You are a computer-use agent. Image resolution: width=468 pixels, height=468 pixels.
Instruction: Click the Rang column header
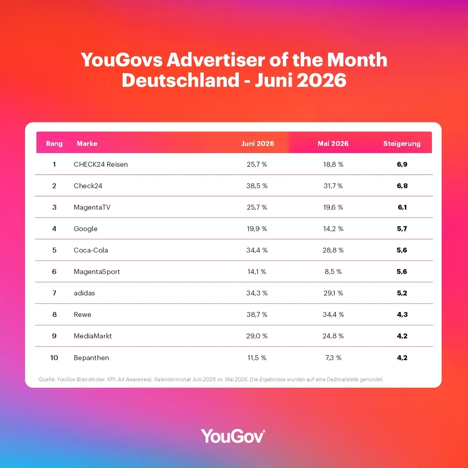click(x=54, y=144)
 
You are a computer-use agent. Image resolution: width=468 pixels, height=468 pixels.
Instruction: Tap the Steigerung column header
click(x=402, y=144)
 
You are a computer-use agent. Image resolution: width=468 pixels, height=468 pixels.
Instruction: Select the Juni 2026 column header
click(x=258, y=144)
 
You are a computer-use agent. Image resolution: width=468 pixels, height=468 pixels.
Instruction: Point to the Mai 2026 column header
click(x=333, y=144)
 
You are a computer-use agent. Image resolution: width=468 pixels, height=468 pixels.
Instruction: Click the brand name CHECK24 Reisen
click(x=101, y=165)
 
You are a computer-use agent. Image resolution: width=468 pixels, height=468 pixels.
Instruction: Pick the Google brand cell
click(x=85, y=229)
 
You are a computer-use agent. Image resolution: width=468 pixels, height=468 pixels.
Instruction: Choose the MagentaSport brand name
click(x=97, y=271)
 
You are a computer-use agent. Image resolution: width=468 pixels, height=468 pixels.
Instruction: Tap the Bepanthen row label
click(x=91, y=358)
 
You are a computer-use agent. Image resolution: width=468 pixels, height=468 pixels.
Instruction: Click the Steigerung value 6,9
click(x=402, y=165)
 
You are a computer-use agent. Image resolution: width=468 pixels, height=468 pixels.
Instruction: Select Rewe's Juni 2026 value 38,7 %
click(x=257, y=314)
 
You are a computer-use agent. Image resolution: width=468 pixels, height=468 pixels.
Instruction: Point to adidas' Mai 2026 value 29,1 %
click(x=333, y=293)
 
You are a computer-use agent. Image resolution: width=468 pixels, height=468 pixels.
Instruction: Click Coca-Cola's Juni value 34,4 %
click(x=257, y=250)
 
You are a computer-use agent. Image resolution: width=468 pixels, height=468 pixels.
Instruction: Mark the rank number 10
click(x=54, y=358)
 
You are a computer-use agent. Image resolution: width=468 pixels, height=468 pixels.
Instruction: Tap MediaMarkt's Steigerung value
click(x=402, y=336)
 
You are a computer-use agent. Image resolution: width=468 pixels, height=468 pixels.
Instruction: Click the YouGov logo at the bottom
click(x=233, y=436)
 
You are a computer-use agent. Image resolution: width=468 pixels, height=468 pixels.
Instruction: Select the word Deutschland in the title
click(x=181, y=80)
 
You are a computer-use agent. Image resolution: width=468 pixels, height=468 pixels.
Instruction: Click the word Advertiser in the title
click(x=216, y=60)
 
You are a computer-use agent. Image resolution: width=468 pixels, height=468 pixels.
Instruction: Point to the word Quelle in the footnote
click(x=47, y=379)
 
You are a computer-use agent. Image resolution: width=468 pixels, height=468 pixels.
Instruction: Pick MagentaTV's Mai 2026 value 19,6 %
click(x=333, y=207)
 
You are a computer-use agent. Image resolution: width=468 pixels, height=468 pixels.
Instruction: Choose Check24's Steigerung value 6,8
click(x=402, y=186)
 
